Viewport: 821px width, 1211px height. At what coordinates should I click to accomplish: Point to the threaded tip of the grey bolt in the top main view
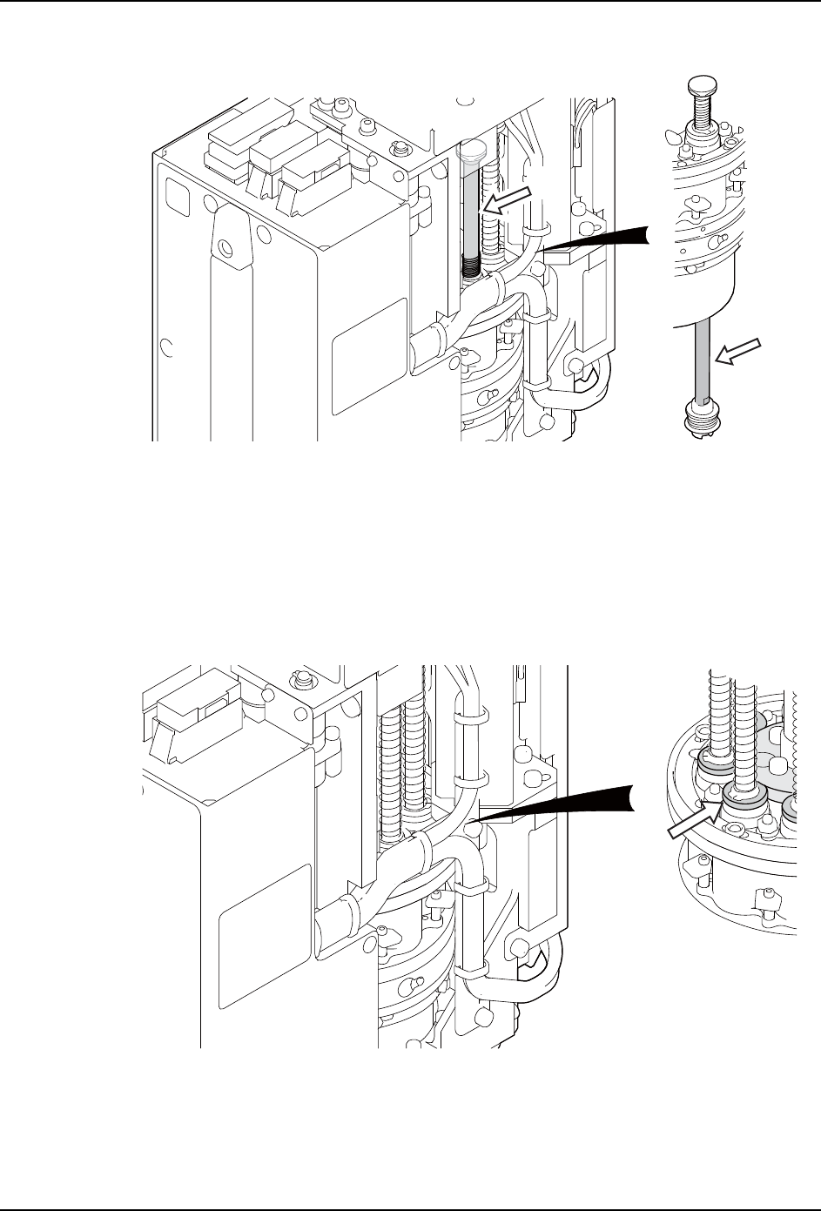click(470, 266)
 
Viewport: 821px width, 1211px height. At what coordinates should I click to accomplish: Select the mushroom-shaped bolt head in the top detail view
click(703, 85)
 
